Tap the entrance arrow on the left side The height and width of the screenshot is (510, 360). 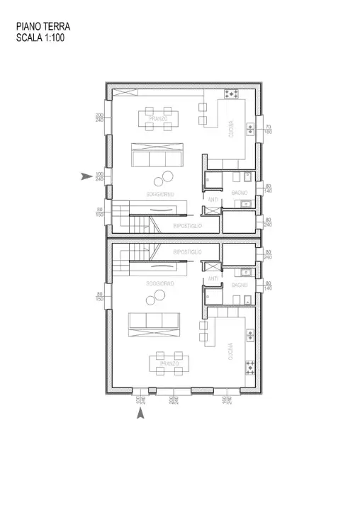[x=85, y=176]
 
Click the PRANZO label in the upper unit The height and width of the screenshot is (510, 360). [x=158, y=119]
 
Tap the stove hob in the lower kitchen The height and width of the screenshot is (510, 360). [x=249, y=367]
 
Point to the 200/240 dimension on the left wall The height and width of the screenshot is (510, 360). [x=100, y=117]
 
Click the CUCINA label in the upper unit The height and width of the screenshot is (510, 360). [x=231, y=132]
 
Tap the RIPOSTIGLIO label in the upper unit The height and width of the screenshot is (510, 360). [x=188, y=225]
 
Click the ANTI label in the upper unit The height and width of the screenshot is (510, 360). [x=212, y=200]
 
